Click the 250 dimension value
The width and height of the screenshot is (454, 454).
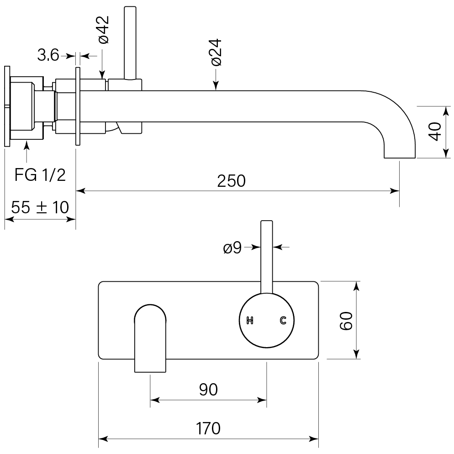coord(231,181)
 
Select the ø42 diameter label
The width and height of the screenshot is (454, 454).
coord(103,29)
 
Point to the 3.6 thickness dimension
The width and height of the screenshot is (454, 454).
coord(48,56)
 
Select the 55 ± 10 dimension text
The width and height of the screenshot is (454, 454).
coord(40,207)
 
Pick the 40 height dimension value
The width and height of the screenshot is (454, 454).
coord(435,132)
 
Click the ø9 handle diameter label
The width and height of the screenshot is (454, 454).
coord(232,248)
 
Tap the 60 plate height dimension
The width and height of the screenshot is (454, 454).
coord(346,321)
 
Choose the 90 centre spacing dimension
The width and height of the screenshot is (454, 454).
coord(208,389)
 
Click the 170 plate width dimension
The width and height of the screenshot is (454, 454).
coord(208,428)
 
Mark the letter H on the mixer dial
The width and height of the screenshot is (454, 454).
coord(249,321)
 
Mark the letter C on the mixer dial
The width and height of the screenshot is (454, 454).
coord(283,321)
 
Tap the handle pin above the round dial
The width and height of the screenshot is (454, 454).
coord(266,256)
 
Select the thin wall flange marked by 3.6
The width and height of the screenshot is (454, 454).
coord(78,106)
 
